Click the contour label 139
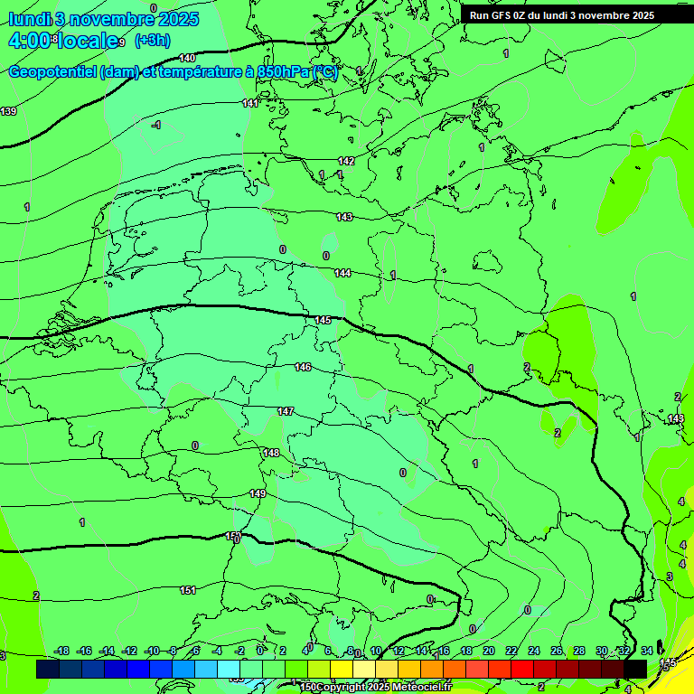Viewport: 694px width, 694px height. click(8, 111)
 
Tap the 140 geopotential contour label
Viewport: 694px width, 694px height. click(187, 58)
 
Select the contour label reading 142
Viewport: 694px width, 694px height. click(346, 161)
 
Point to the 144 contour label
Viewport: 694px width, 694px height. click(342, 273)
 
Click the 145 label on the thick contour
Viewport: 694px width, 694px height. click(323, 321)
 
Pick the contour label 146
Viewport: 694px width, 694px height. click(303, 367)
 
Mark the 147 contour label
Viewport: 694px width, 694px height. click(286, 411)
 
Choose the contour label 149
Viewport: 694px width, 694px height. click(258, 493)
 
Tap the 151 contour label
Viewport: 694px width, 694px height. click(187, 590)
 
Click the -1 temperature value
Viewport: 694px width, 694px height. click(155, 126)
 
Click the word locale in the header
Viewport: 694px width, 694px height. click(88, 41)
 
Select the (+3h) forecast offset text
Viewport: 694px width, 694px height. click(152, 41)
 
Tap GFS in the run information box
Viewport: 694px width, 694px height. click(501, 15)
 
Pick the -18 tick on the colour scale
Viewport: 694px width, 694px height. click(61, 651)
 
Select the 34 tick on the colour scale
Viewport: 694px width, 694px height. click(647, 651)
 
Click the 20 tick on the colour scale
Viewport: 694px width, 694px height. click(489, 651)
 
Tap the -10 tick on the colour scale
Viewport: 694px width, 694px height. click(152, 651)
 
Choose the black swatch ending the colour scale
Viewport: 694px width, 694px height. click(635, 669)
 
